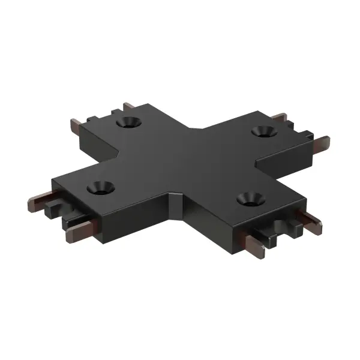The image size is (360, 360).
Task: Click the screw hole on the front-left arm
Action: [x=101, y=187]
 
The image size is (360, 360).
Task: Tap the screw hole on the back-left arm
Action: [x=127, y=122]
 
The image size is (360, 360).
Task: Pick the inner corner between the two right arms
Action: [x=257, y=161]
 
